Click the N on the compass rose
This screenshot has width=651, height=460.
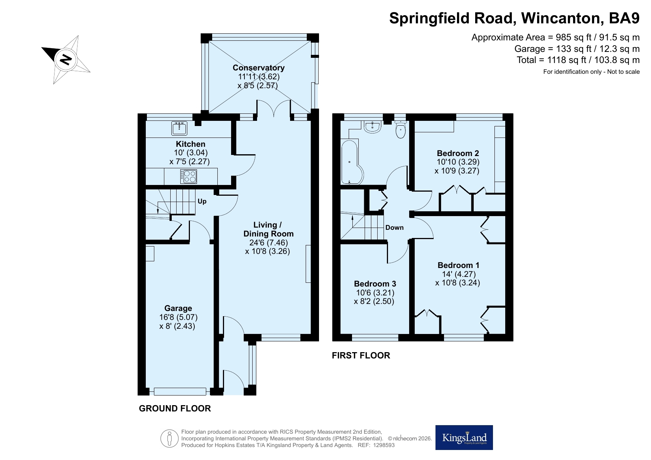coord(66,59)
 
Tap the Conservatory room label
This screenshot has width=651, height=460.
coord(259,67)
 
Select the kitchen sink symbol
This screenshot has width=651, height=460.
coord(180,128)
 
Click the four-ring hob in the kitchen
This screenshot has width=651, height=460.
coord(189,176)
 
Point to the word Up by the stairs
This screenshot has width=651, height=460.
coord(202,201)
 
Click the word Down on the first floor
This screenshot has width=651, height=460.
coord(394,228)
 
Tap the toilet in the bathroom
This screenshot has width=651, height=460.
coord(401,129)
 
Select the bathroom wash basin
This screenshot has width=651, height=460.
coord(372,126)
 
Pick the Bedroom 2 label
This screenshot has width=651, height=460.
coord(458,153)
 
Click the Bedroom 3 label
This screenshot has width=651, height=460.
coord(375,284)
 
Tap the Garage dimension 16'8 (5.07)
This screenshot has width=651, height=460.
coord(178,317)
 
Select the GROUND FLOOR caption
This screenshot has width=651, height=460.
coord(175,408)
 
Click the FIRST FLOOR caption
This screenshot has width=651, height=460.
coord(361,355)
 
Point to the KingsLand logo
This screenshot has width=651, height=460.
coord(464,437)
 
